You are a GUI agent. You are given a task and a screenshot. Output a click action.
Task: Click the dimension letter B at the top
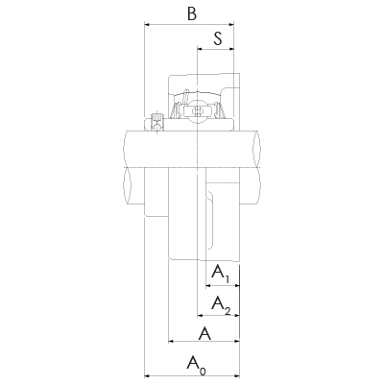[x=192, y=13]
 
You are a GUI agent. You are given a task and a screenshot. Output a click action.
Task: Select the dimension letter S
[x=218, y=38]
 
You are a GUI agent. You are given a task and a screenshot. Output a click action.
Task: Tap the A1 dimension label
[x=221, y=274]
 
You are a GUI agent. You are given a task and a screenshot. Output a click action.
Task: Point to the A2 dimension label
[x=221, y=304]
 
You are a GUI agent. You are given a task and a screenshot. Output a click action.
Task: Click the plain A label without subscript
[x=204, y=334]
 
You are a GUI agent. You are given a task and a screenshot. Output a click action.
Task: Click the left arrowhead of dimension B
[x=147, y=24]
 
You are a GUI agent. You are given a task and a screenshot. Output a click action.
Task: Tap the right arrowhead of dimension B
[x=231, y=24]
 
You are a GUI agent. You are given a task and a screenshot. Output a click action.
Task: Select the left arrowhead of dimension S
[x=200, y=49]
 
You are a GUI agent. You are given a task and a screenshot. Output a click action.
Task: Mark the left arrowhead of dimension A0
[x=147, y=375]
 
